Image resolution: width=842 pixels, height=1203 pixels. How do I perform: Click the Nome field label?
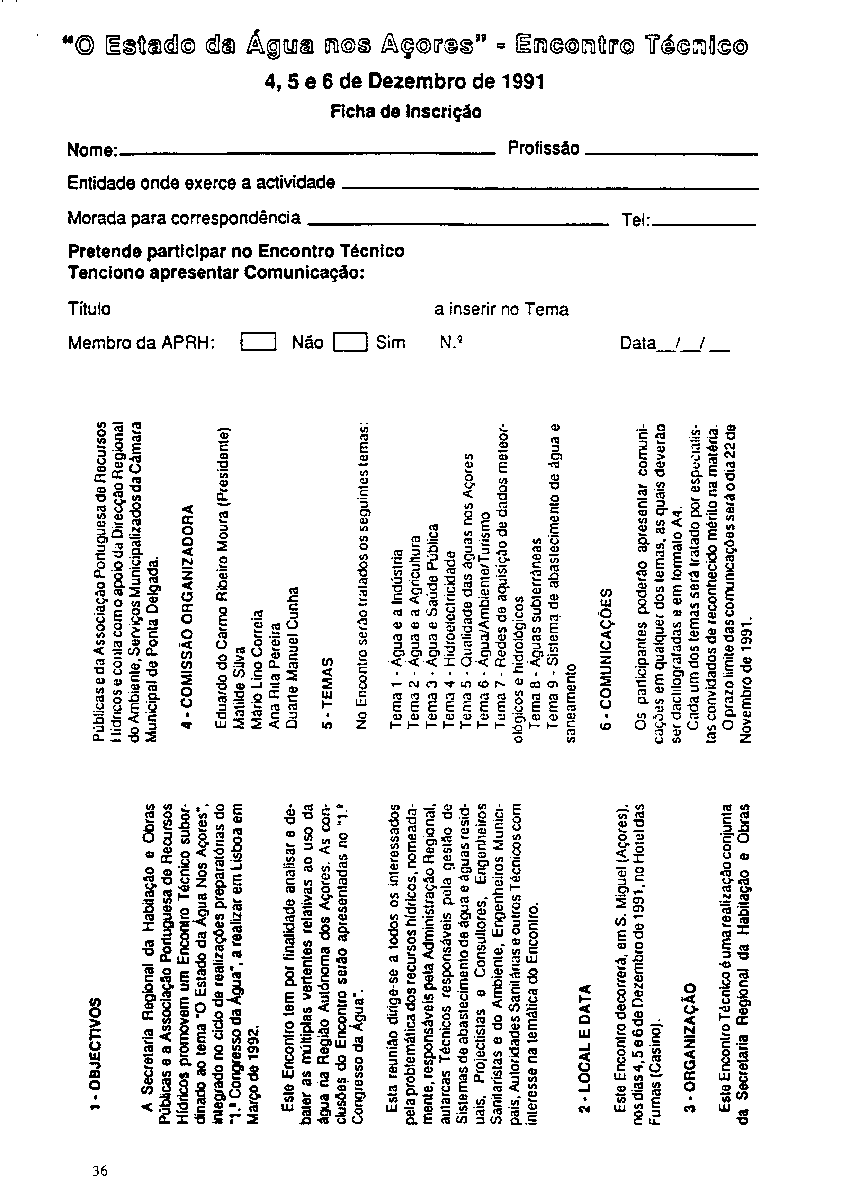coord(92,150)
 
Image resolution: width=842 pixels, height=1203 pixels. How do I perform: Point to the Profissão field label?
coord(544,149)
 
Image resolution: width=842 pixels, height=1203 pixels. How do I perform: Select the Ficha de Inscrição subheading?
coord(406,112)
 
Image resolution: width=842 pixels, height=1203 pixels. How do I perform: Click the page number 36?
coord(99,1170)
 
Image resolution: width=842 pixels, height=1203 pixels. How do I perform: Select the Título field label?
coord(89,309)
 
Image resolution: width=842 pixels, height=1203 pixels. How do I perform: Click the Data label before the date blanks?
coord(637,343)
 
